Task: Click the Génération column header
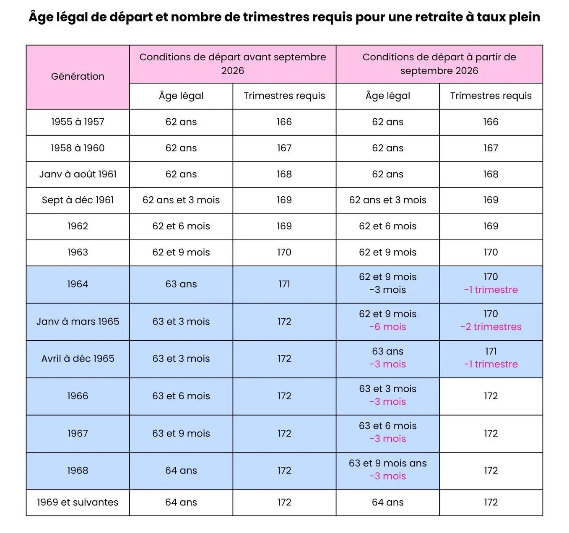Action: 78,76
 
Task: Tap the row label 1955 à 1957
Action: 78,122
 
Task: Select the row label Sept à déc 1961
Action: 78,200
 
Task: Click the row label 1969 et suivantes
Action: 78,502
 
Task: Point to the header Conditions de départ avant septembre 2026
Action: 232,64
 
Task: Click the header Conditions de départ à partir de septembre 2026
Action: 439,64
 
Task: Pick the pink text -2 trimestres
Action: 491,327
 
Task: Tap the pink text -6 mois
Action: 387,327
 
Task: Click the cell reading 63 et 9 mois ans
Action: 387,463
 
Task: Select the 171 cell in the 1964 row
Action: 284,284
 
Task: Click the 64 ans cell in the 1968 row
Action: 181,471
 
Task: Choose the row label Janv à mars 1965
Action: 78,322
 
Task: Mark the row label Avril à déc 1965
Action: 78,359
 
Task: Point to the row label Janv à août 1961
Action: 78,174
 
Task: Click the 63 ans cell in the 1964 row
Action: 181,284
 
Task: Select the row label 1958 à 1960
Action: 78,148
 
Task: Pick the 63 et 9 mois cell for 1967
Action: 181,434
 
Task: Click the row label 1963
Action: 78,252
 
